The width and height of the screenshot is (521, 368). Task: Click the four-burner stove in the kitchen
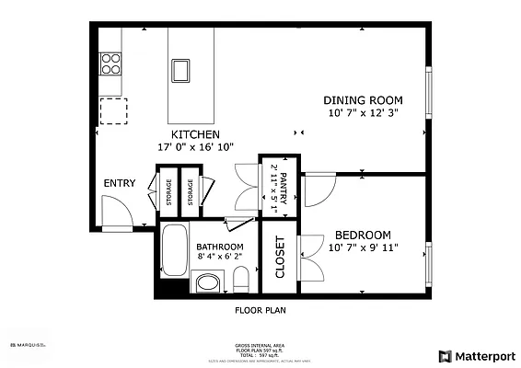[111, 63]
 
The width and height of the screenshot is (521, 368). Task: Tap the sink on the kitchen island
[180, 70]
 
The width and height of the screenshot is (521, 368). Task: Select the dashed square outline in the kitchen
[113, 109]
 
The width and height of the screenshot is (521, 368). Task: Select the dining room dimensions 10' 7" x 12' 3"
[364, 113]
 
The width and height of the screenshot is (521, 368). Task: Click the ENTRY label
[120, 183]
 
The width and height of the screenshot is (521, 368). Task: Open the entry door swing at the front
[117, 215]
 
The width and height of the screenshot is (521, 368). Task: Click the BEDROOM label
[363, 235]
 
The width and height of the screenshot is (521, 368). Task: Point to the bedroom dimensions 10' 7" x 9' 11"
[363, 247]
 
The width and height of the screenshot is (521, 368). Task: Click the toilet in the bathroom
[240, 278]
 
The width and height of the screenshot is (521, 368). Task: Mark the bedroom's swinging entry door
[319, 190]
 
